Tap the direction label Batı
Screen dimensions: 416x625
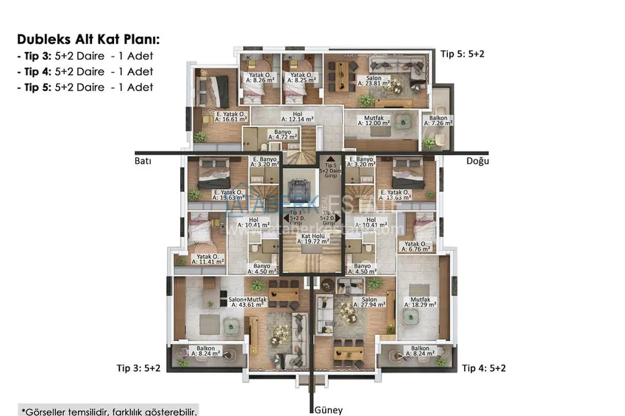[x=142, y=161]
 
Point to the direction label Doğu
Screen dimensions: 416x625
[x=478, y=161]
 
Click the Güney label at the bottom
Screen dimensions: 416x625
[x=328, y=409]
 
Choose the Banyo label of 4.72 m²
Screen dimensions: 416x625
[x=282, y=133]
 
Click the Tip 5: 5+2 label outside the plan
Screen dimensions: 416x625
[x=463, y=54]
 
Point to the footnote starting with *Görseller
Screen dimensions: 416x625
[x=109, y=410]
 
